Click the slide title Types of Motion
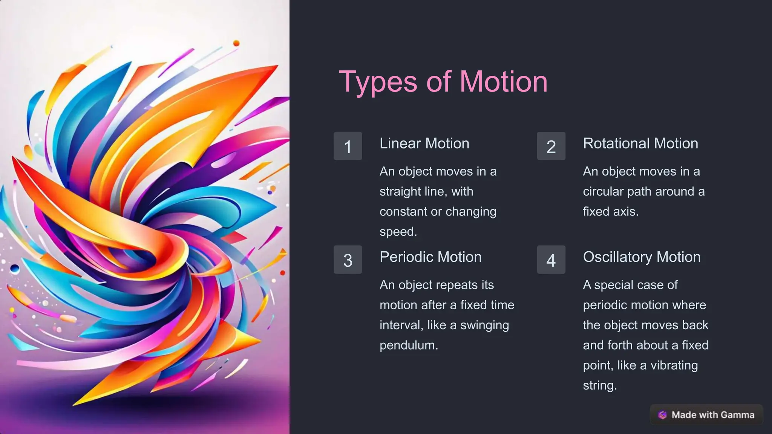tap(443, 82)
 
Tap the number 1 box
tap(348, 146)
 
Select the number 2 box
tap(551, 146)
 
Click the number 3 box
tap(348, 260)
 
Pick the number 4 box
tap(551, 260)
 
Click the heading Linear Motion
tap(424, 144)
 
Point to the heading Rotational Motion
tap(640, 144)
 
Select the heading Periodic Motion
tap(430, 257)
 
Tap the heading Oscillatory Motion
tap(642, 257)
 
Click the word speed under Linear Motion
tap(398, 232)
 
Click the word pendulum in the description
tap(408, 345)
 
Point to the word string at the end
tap(599, 385)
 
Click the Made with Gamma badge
tap(706, 415)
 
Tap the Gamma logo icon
tap(662, 415)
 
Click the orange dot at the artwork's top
tap(236, 43)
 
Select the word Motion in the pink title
tap(503, 82)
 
